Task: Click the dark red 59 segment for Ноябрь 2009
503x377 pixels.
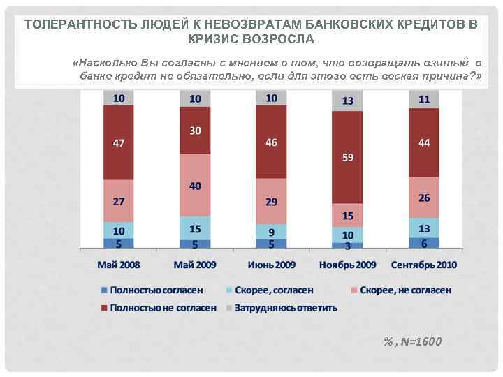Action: tap(347, 157)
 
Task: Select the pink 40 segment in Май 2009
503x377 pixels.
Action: tap(195, 185)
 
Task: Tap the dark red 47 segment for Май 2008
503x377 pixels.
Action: tap(119, 142)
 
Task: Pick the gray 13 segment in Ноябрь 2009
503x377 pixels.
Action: tap(347, 101)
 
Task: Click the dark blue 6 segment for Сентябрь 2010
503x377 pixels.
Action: tap(423, 243)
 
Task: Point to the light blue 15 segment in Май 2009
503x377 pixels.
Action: tap(195, 228)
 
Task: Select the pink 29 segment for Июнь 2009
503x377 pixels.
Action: tap(271, 201)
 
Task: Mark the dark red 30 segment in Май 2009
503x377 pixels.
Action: tap(195, 131)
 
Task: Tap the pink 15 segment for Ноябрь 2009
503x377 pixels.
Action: tap(347, 215)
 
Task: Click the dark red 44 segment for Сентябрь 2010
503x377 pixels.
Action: tap(423, 142)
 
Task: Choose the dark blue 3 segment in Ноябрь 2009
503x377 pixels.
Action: tap(347, 246)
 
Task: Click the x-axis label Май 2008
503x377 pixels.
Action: tap(119, 265)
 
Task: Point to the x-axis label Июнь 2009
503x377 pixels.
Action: tap(271, 265)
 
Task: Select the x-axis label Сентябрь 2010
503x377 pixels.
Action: tap(423, 265)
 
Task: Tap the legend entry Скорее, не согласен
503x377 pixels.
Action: tap(405, 290)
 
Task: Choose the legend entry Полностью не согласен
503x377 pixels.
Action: tap(164, 307)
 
